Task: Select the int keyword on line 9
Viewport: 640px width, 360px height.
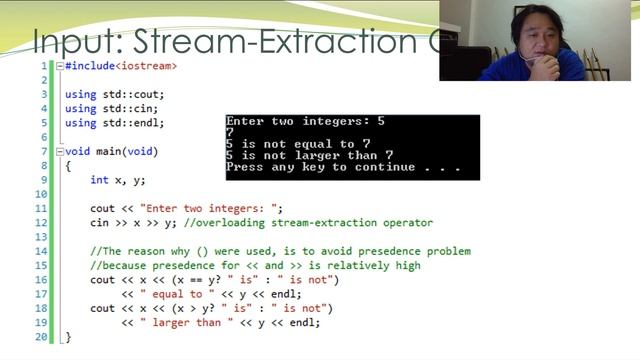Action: (x=99, y=180)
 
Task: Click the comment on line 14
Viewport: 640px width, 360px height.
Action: (x=280, y=251)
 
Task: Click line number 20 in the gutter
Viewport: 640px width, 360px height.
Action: (x=42, y=337)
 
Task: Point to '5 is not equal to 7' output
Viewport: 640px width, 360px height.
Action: (x=297, y=144)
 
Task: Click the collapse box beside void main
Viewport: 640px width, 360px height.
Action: (x=59, y=151)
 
